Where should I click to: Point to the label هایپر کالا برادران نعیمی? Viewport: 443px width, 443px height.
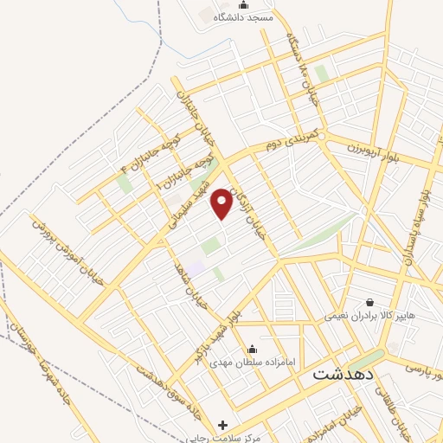click(370, 317)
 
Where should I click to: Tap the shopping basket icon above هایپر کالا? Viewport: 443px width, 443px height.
click(370, 303)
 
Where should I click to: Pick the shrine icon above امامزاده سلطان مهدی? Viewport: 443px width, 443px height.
click(252, 350)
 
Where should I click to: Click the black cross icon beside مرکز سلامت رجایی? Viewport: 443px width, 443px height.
click(223, 426)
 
